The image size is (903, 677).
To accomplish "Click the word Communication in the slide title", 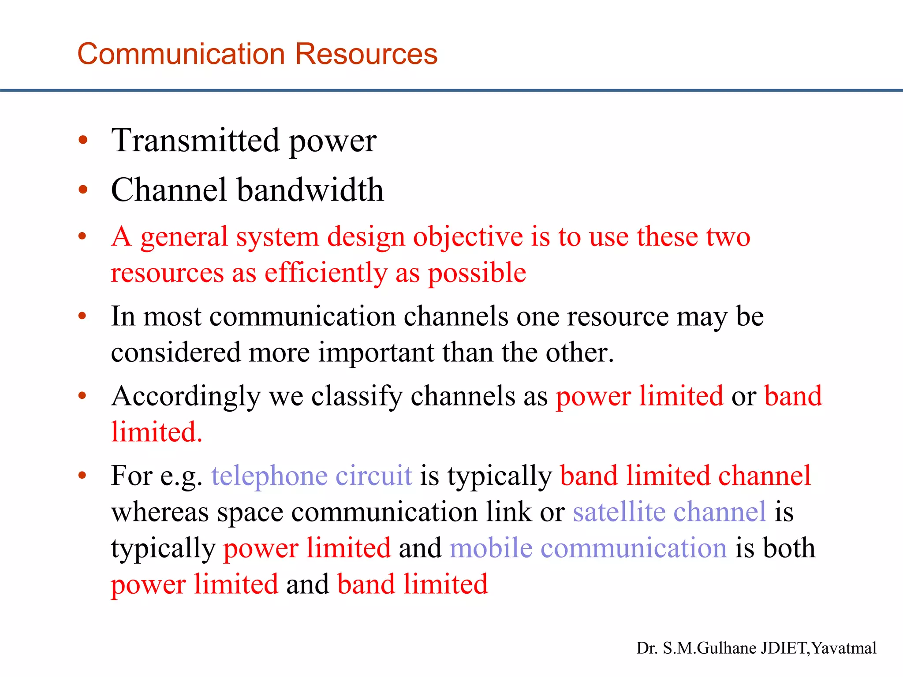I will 181,54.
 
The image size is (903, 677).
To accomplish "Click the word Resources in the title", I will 366,54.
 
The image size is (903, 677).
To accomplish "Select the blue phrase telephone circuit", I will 312,476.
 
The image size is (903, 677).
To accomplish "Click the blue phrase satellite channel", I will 669,512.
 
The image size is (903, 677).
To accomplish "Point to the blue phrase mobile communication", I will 588,548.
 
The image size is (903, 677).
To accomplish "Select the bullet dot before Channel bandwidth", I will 82,190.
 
